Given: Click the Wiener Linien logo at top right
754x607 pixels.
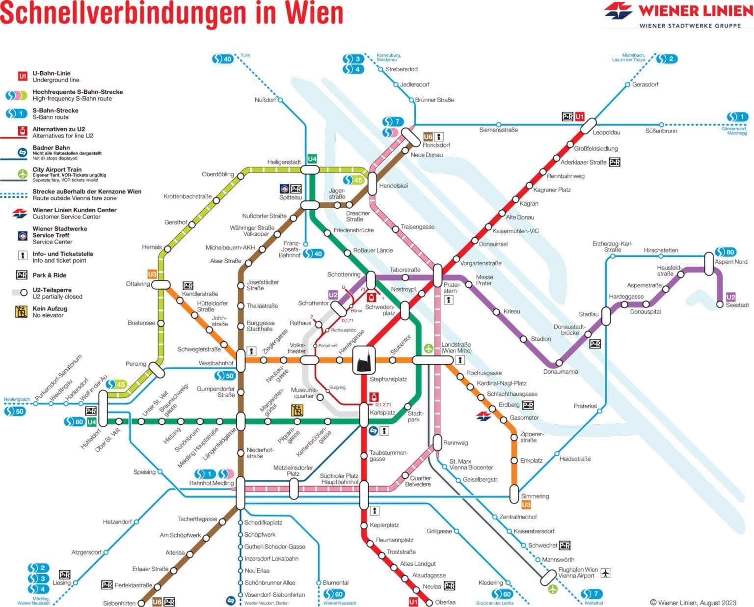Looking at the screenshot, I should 678,14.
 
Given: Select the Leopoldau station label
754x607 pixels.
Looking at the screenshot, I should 606,133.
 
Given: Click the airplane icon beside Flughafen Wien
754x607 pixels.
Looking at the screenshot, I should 605,573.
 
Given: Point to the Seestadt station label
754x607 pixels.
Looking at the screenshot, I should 737,305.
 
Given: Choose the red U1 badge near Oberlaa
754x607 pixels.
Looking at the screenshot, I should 413,602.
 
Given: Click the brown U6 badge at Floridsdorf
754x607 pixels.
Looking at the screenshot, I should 428,137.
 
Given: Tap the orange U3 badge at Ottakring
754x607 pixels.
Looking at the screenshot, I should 152,274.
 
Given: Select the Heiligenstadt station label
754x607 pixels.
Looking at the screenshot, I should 284,162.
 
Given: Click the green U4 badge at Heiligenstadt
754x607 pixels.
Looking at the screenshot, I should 312,159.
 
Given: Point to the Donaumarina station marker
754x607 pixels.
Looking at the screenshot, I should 559,364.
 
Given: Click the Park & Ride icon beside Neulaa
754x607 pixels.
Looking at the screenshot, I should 449,586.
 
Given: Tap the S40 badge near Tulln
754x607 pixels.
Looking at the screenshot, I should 222,59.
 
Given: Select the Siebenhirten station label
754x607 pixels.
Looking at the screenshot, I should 119,603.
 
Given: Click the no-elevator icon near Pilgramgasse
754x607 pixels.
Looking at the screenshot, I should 296,410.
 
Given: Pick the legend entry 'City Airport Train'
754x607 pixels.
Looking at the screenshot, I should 57,169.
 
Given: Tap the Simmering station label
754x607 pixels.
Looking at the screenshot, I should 535,496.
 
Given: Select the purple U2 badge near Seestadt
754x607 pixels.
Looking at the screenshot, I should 730,297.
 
